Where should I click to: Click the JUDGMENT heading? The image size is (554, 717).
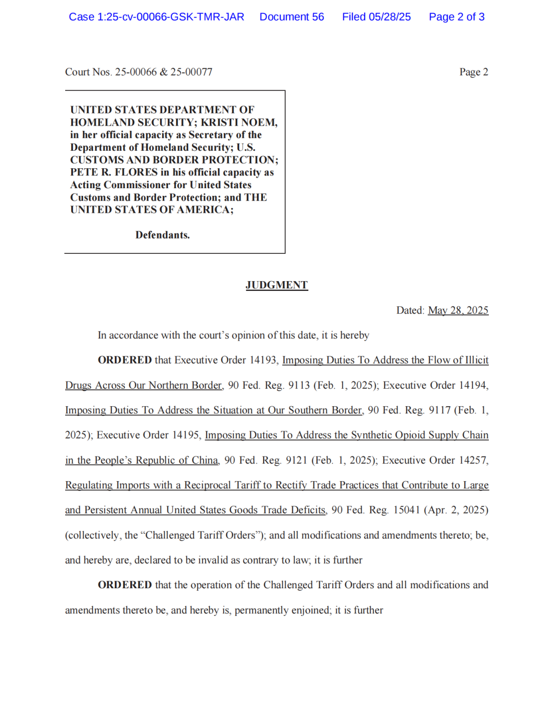click(x=276, y=285)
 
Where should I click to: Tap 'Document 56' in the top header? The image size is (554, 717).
click(x=291, y=17)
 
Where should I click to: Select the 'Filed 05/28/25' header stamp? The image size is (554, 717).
click(x=376, y=17)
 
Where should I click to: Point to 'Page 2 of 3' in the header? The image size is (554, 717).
click(x=457, y=17)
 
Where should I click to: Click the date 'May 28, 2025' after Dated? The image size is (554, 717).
click(x=458, y=310)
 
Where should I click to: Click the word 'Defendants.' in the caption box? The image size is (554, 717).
click(x=163, y=235)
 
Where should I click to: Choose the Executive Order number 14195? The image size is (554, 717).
click(x=185, y=435)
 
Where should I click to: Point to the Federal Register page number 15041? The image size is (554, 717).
click(x=406, y=510)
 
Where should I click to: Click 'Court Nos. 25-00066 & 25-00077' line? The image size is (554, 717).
click(x=138, y=72)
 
